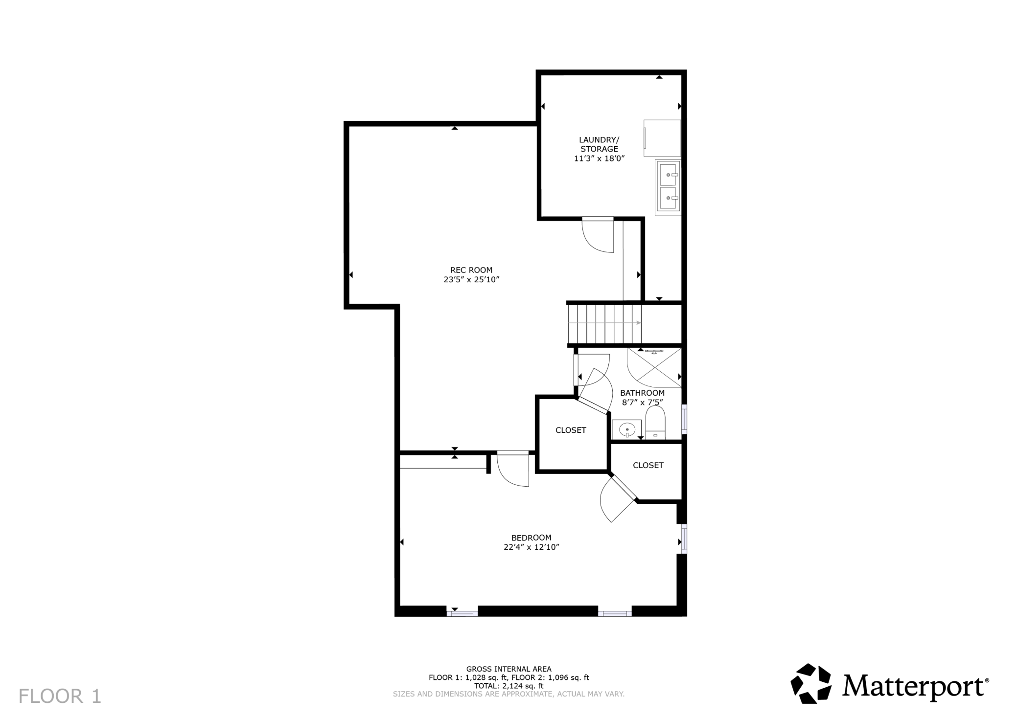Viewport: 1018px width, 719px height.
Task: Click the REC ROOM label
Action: pos(471,270)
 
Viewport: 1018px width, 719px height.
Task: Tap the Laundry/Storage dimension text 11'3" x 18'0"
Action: pos(600,158)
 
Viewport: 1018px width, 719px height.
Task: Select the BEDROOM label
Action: pos(531,538)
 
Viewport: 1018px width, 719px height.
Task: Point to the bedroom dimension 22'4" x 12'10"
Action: pos(531,547)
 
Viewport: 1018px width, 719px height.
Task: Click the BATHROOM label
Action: pos(642,393)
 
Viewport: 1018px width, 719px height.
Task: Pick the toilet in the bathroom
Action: pos(655,423)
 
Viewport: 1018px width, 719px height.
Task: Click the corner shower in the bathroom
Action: pos(654,367)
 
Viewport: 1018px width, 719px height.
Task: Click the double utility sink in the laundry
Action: pos(668,187)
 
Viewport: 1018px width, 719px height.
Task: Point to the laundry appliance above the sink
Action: pos(662,138)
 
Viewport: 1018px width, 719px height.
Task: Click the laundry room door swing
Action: pos(598,235)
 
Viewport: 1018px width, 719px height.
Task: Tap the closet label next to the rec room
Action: pos(571,430)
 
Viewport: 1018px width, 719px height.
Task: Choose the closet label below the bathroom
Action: pos(648,465)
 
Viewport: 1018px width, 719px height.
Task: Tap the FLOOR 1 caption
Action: pos(60,696)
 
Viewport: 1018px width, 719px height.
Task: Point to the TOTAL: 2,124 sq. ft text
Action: pos(509,686)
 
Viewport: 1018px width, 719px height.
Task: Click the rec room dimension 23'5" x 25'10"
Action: pos(471,280)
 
